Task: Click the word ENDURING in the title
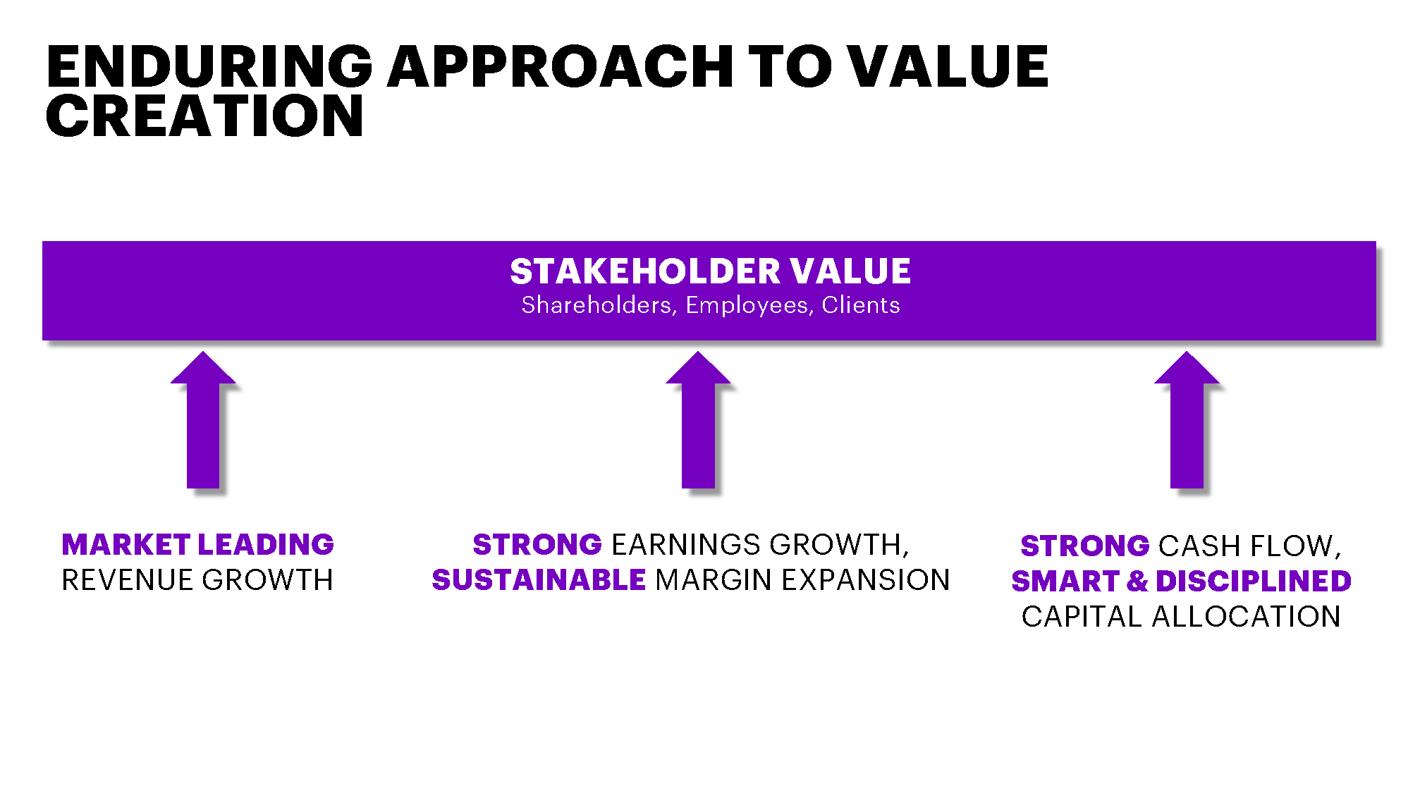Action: (x=209, y=66)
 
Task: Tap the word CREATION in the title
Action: (x=204, y=116)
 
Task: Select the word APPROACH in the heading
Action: (x=561, y=66)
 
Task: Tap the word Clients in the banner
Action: (x=861, y=305)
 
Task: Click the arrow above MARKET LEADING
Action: (x=203, y=419)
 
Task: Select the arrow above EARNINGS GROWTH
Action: (x=698, y=419)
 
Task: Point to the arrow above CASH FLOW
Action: (x=1187, y=419)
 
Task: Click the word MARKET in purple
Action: (x=126, y=545)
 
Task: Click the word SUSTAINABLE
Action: (x=539, y=580)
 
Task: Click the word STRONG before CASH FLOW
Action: (x=1085, y=546)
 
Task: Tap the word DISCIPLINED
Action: (x=1254, y=582)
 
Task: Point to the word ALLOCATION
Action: (x=1246, y=617)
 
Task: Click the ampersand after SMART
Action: (x=1137, y=582)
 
